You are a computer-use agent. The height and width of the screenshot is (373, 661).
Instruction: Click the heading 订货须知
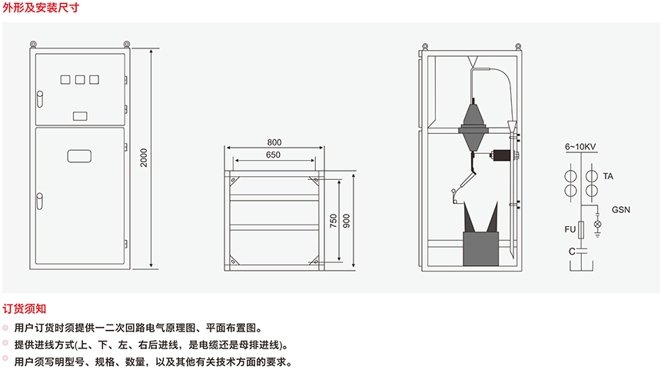[x=25, y=308]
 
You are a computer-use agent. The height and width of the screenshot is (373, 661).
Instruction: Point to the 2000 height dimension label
[x=144, y=158]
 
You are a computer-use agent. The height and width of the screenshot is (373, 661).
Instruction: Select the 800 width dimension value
[x=274, y=142]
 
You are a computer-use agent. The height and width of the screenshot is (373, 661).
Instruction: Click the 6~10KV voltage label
[x=580, y=145]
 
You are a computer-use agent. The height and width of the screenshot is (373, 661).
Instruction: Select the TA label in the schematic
[x=608, y=176]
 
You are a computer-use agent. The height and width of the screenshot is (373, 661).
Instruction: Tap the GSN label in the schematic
[x=621, y=208]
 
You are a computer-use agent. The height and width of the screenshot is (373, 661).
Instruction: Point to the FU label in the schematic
[x=570, y=230]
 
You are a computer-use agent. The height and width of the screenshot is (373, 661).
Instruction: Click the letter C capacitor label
[x=572, y=251]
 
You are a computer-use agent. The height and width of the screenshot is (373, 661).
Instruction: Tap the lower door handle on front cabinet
[x=38, y=202]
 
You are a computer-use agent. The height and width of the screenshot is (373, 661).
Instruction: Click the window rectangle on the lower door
[x=79, y=155]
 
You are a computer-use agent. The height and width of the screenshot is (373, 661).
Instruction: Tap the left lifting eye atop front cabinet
[x=34, y=43]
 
